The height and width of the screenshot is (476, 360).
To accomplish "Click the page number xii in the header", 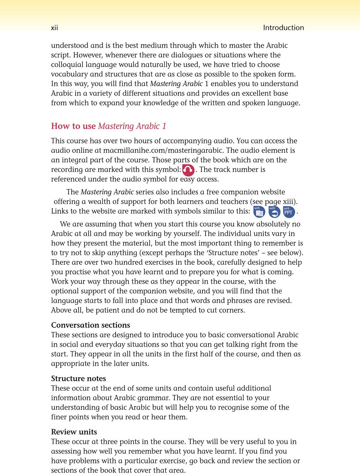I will [54, 28].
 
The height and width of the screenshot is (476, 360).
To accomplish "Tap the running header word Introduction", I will [283, 28].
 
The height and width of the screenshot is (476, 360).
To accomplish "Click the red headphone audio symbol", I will [188, 170].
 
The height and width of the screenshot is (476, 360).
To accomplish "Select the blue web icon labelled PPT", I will [289, 212].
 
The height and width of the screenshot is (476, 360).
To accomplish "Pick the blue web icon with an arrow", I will [274, 213].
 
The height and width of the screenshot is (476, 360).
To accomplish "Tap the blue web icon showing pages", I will [259, 213].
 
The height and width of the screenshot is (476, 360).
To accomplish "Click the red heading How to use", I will [73, 126].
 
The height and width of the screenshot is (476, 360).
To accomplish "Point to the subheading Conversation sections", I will [90, 325].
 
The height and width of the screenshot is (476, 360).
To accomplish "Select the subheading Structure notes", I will [78, 379].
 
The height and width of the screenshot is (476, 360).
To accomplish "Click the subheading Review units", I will [74, 432].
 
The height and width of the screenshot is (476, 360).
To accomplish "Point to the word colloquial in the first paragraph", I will [67, 65].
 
